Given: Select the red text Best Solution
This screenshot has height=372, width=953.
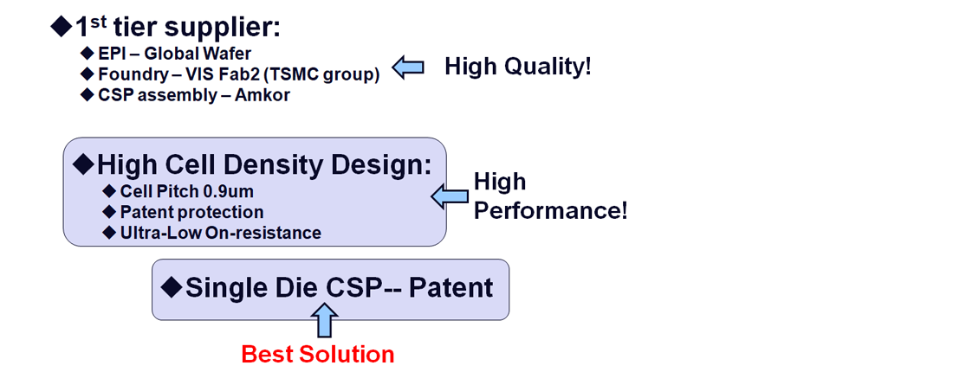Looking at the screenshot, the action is tap(318, 354).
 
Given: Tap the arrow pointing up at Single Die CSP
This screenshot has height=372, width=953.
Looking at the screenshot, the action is tap(327, 320).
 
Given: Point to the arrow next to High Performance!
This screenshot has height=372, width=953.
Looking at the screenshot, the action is tap(450, 196).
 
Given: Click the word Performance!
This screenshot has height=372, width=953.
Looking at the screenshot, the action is tap(550, 212).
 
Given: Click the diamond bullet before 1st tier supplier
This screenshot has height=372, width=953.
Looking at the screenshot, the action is tap(62, 27).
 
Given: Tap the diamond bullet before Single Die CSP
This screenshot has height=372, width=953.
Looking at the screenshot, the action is tap(173, 287).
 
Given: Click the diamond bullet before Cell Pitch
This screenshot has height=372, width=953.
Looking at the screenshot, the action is tap(109, 192).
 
